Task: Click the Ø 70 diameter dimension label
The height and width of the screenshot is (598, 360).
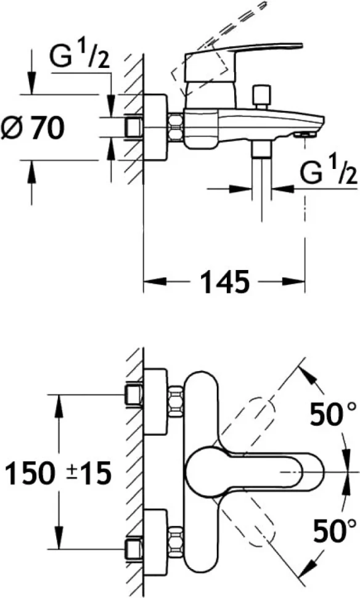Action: [32, 128]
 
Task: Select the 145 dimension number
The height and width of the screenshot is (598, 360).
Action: [224, 282]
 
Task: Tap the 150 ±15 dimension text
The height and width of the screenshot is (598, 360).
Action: [59, 472]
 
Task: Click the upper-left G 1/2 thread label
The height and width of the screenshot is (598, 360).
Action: [80, 56]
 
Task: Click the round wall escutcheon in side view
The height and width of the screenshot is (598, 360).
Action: [155, 128]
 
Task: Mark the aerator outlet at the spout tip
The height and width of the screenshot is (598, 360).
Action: [304, 135]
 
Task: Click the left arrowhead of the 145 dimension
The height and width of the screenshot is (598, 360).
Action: [155, 282]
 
